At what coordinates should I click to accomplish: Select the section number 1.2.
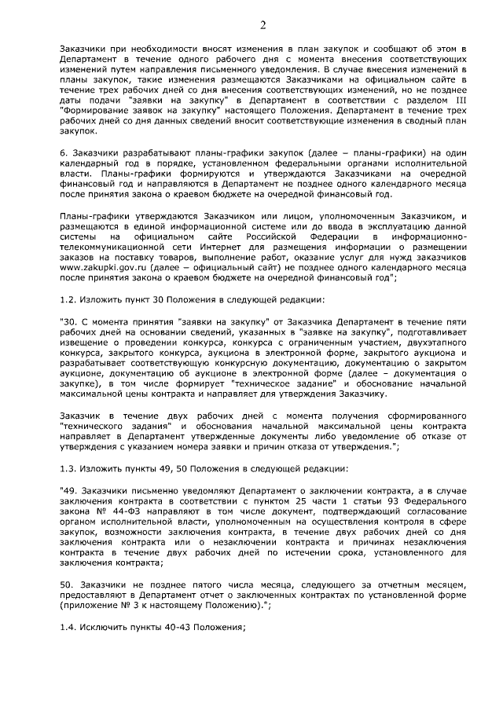click(x=69, y=299)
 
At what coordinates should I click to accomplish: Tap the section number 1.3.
click(x=69, y=468)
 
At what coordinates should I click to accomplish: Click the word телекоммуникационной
click(x=112, y=245)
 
